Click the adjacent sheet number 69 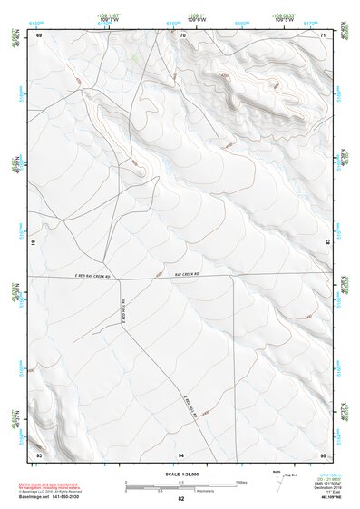(39, 34)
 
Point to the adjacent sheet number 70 (182, 34)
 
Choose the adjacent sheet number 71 (324, 34)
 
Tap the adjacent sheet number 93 (39, 453)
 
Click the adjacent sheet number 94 (182, 453)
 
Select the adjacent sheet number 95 (324, 453)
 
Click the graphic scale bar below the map (180, 486)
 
